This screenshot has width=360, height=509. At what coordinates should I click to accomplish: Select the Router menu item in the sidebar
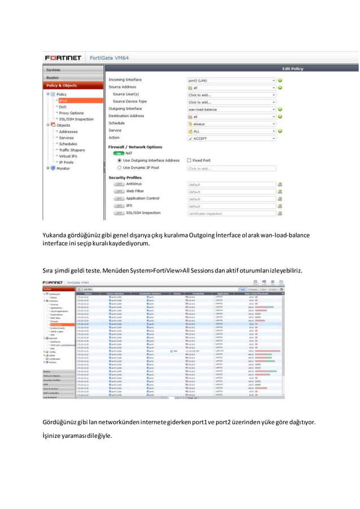53,77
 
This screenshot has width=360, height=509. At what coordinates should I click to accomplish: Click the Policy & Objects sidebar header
62,85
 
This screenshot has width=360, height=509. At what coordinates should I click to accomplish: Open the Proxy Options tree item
72,113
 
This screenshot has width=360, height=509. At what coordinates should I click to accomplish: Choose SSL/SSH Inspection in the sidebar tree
76,119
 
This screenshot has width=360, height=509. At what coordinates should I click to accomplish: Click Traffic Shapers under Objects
72,150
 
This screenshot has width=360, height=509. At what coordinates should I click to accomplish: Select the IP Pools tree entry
68,162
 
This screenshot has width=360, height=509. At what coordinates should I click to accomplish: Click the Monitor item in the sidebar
63,168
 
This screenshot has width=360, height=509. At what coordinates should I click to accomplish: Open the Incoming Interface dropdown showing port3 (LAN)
231,80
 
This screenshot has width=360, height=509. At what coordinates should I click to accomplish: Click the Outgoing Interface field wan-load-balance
231,109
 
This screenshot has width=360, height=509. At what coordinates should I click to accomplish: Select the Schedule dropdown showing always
231,124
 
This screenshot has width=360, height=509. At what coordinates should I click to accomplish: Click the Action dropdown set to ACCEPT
231,138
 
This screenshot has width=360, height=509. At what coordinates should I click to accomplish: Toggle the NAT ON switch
119,153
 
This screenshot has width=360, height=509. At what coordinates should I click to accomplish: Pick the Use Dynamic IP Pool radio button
119,168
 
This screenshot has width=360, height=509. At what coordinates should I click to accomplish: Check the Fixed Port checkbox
190,160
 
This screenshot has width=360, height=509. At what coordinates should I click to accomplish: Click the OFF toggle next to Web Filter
118,191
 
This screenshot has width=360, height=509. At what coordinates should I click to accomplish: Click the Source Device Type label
129,102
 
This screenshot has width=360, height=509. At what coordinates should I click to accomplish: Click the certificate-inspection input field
231,213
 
